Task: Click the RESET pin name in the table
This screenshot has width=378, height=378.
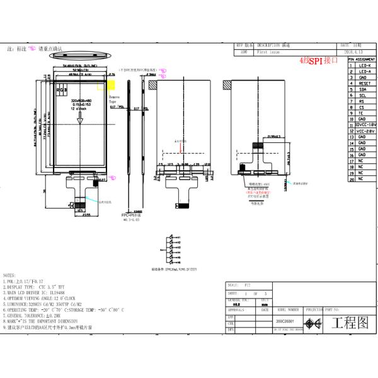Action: click(364, 83)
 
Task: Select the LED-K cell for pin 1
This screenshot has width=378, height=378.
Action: click(364, 65)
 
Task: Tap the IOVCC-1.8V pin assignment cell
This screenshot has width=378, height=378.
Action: click(364, 125)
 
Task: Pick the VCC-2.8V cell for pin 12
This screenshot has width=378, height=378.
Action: click(364, 130)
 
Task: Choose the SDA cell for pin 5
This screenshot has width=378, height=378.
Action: click(364, 89)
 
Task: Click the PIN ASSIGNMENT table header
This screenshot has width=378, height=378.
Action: click(360, 59)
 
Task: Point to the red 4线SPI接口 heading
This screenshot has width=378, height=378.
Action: click(320, 61)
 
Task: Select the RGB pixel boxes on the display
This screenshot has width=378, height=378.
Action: click(62, 90)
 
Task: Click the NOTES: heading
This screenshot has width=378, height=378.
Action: click(10, 275)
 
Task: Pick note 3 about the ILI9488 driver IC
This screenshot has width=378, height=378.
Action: click(37, 292)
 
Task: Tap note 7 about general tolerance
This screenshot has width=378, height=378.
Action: click(31, 316)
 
